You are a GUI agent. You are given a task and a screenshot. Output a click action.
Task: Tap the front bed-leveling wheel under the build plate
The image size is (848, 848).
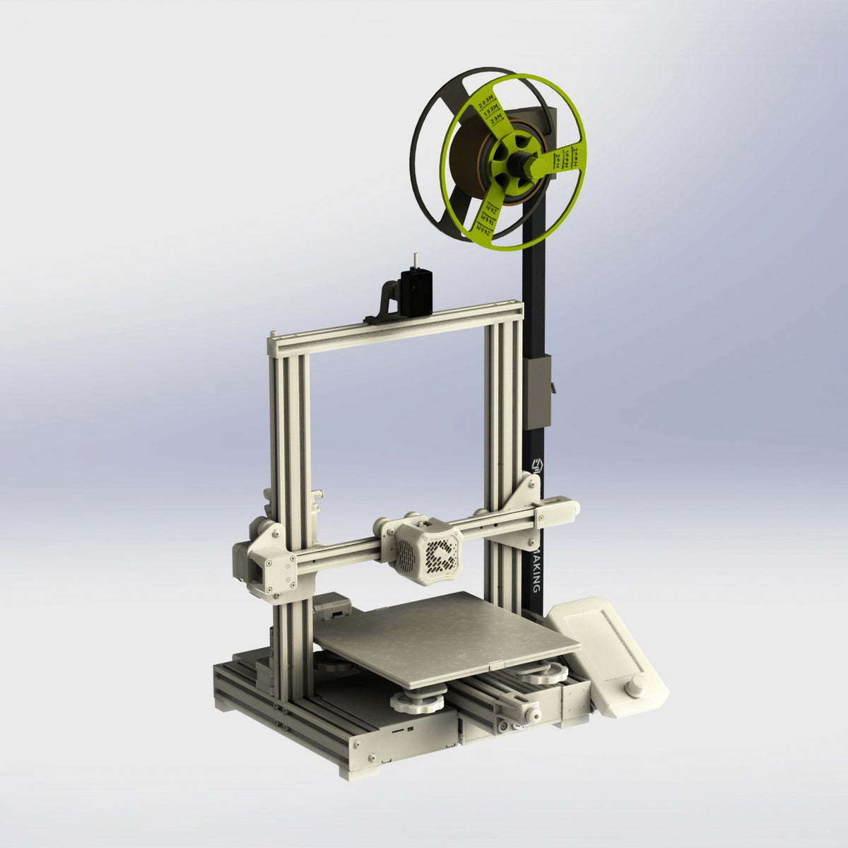click(417, 701)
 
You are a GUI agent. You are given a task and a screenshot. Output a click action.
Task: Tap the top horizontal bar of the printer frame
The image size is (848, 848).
click(396, 323)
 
